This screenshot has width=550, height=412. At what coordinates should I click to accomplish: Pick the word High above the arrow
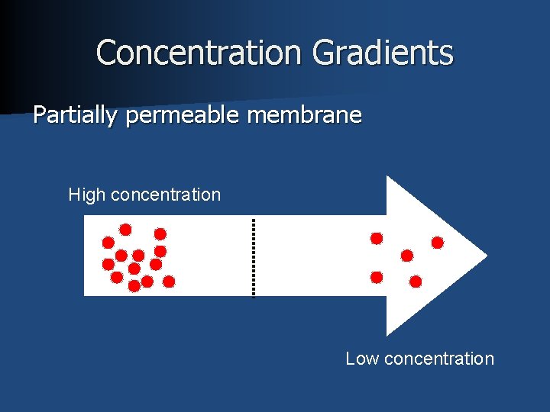point(87,195)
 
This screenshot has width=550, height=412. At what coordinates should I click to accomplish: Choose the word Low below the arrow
point(362,359)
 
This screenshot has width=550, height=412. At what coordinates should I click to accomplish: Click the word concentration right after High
point(166,195)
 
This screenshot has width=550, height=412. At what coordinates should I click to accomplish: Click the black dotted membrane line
point(254,256)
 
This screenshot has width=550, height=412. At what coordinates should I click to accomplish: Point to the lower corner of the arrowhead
point(388,333)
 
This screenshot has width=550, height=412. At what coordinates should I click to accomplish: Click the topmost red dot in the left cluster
point(125,229)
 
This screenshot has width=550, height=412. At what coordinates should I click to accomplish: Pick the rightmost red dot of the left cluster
point(169,282)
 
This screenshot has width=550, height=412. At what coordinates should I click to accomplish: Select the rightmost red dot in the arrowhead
point(438,243)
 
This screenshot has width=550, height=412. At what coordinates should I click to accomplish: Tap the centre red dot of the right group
point(407,256)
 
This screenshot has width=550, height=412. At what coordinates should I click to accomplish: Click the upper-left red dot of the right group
point(377,238)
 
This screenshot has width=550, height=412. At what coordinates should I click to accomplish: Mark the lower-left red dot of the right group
point(377,276)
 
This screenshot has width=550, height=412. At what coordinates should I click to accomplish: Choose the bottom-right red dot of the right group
point(416,282)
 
